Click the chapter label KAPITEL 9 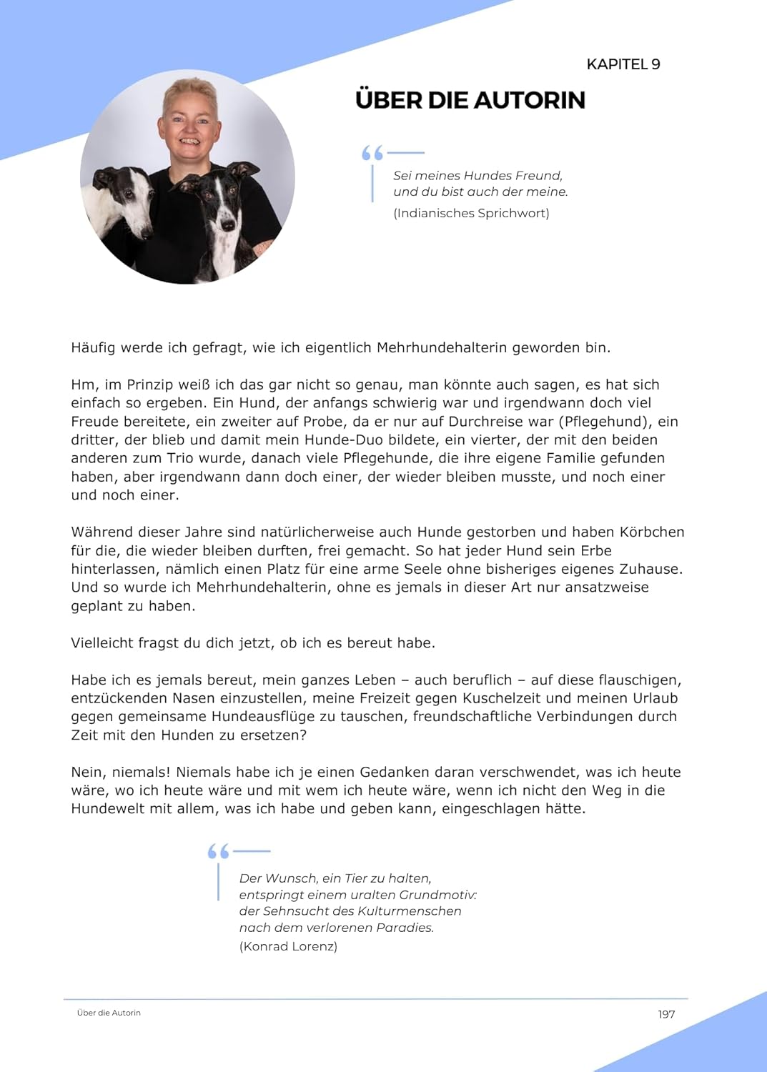(x=623, y=64)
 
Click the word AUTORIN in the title (x=530, y=100)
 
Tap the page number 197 (x=666, y=1014)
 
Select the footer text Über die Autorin (x=109, y=1013)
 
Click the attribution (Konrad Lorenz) (x=288, y=946)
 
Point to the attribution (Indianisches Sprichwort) (x=471, y=213)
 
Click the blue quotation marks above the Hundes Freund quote (x=372, y=153)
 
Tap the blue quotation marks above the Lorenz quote (x=218, y=851)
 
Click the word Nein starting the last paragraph (x=86, y=772)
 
